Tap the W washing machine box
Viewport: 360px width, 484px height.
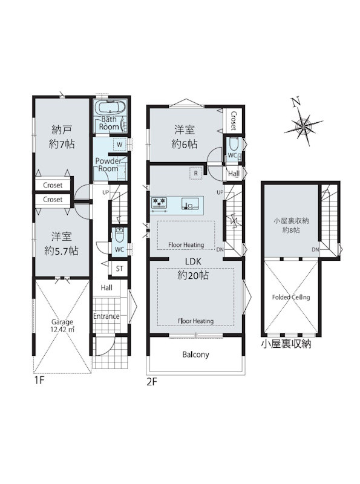click(x=119, y=145)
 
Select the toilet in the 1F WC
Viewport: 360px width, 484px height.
click(x=119, y=236)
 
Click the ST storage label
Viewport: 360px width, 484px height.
click(x=119, y=269)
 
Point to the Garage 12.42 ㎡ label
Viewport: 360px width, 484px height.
click(x=62, y=325)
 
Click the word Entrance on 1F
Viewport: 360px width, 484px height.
click(x=106, y=316)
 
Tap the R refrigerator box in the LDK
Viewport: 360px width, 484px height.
click(x=196, y=174)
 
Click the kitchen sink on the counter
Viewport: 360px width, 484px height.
click(x=188, y=204)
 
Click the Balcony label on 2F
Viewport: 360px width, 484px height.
click(x=195, y=355)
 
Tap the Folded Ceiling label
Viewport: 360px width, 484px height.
click(x=291, y=297)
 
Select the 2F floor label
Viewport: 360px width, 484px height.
click(x=152, y=382)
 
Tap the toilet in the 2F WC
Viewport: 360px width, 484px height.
click(x=234, y=144)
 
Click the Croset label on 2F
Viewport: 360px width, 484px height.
click(x=234, y=121)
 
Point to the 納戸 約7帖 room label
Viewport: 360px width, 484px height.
click(x=62, y=137)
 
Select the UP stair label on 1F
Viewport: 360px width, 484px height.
click(x=106, y=192)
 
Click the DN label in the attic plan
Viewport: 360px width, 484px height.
click(x=315, y=249)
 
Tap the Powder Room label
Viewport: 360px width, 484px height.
click(x=108, y=165)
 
